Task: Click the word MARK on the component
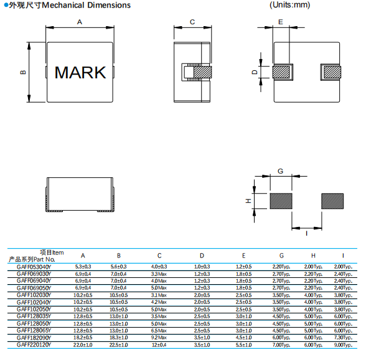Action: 80,72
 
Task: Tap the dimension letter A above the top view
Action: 80,22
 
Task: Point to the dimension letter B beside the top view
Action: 23,72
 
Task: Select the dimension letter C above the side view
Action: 192,22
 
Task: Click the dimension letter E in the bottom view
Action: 281,22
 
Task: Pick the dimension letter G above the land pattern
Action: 280,171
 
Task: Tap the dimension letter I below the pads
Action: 306,233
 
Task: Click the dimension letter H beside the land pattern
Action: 248,201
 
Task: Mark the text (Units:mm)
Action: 289,5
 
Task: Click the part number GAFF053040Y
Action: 34,267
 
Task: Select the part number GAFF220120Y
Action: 34,345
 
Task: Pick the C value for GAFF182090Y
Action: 159,338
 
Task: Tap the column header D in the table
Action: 202,256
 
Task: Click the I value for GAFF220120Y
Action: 343,345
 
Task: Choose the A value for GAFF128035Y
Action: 83,316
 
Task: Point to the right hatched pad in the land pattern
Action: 332,201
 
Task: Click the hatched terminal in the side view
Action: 203,72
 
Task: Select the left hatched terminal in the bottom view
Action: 281,72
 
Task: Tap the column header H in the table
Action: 313,256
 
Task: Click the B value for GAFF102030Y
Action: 118,295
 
